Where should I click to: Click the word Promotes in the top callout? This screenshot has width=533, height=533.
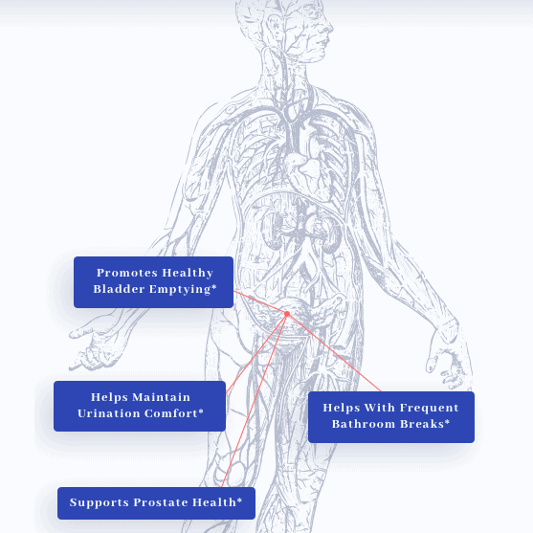[x=127, y=273]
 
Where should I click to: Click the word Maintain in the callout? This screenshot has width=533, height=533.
[x=161, y=397]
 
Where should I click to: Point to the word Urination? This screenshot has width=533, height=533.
[x=109, y=413]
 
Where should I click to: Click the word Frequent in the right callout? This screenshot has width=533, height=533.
[x=430, y=408]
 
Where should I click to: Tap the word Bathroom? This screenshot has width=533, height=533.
[x=364, y=424]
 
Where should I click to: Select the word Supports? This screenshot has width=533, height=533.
[x=100, y=502]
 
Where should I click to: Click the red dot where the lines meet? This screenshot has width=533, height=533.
[x=287, y=314]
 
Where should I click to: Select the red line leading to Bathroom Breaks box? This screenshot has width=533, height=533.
[x=335, y=353]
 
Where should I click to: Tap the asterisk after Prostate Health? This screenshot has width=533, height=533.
[x=239, y=500]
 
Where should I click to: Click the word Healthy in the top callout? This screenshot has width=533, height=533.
[x=188, y=274]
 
